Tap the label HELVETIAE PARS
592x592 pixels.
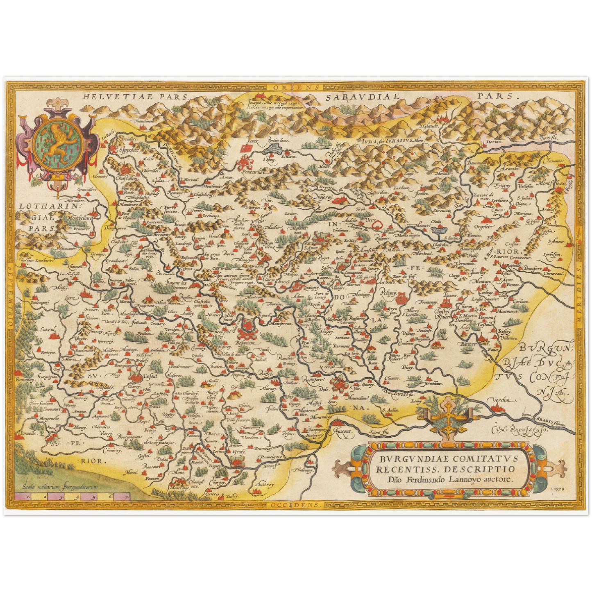[134, 97]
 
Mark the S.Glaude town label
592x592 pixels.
[429, 126]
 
